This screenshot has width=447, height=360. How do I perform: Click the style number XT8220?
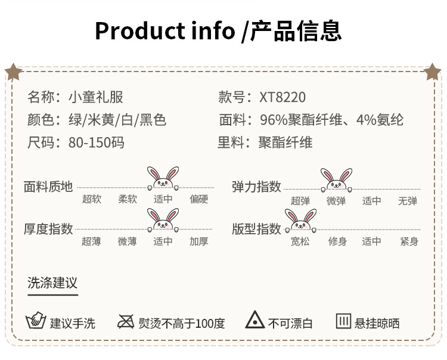pyautogui.click(x=283, y=97)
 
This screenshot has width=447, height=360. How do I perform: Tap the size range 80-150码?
pyautogui.click(x=96, y=142)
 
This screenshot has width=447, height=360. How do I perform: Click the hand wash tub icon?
pyautogui.click(x=36, y=321)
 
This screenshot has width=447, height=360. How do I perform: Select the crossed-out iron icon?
pyautogui.click(x=126, y=322)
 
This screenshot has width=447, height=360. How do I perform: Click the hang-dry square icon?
pyautogui.click(x=343, y=321)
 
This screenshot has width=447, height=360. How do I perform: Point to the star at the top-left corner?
pyautogui.click(x=13, y=72)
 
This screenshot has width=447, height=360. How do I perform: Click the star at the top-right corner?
pyautogui.click(x=433, y=72)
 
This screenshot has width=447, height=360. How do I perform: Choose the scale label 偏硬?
pyautogui.click(x=199, y=200)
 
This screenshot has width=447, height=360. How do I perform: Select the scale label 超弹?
pyautogui.click(x=300, y=201)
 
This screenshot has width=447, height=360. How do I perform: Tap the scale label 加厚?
pyautogui.click(x=199, y=241)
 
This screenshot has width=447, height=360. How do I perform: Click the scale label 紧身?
pyautogui.click(x=409, y=241)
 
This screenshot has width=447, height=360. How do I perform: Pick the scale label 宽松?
pyautogui.click(x=300, y=241)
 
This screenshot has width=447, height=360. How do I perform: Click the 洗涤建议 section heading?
pyautogui.click(x=52, y=283)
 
